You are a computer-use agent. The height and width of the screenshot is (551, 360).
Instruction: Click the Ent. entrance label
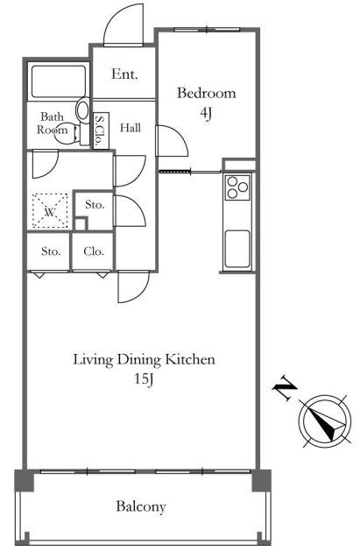point(124,74)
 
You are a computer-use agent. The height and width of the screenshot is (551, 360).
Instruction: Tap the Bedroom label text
point(206,93)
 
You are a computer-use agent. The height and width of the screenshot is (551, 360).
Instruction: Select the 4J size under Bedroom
point(206,113)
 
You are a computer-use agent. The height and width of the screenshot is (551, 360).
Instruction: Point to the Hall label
point(131,128)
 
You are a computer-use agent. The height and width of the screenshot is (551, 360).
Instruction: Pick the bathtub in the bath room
point(59,81)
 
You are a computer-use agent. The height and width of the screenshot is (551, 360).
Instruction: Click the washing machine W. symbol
point(50,211)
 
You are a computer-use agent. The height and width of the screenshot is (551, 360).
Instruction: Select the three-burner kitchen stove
point(237,187)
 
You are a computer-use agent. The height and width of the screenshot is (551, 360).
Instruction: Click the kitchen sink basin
point(237,249)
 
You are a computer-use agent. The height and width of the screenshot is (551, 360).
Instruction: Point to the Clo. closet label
point(94,251)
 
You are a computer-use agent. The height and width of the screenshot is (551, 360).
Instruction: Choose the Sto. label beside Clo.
point(51,251)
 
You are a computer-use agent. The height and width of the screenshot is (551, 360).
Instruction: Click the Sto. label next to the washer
point(95,204)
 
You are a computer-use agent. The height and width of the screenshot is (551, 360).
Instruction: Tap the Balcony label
point(141,506)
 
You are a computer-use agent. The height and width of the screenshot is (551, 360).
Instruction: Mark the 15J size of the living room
point(144,378)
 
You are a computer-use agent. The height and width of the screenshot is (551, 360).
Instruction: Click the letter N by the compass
point(285,388)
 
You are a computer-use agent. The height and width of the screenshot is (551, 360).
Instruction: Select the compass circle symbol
point(325,421)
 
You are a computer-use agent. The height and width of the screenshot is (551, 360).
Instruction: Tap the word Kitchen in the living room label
point(190,359)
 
